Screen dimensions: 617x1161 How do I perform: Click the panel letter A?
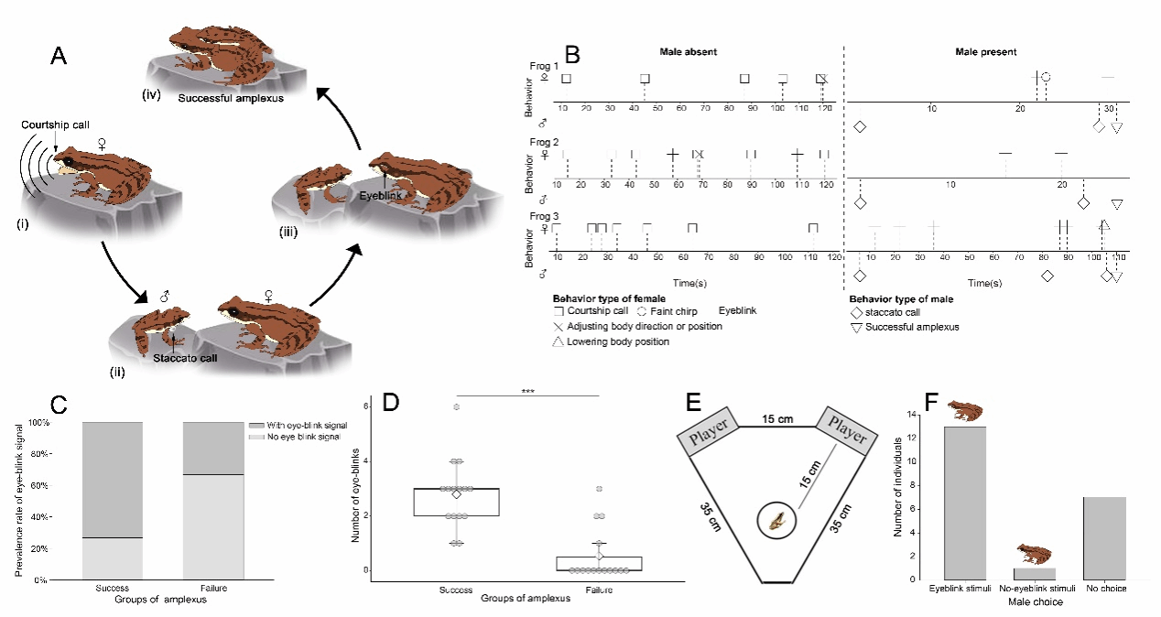click(x=58, y=57)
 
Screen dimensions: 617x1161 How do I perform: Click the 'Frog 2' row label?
click(x=544, y=142)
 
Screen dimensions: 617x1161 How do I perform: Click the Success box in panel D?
click(x=456, y=502)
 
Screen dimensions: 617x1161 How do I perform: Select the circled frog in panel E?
click(x=776, y=522)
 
